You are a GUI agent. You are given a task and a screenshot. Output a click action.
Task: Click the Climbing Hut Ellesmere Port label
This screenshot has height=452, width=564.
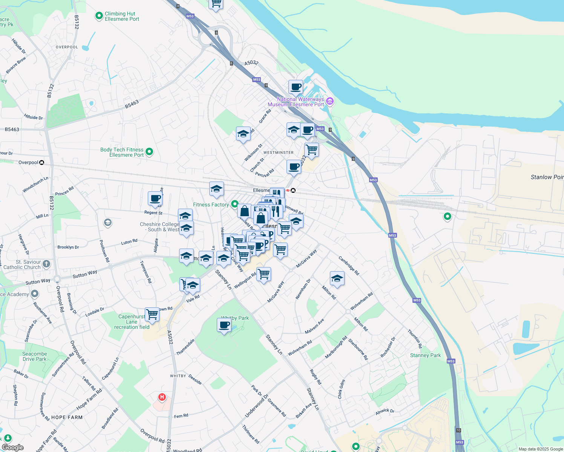pos(122,16)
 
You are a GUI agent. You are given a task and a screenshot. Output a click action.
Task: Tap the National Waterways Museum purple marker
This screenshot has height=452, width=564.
pos(330,101)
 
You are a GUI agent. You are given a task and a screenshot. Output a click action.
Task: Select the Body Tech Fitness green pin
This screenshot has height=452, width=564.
pos(149,152)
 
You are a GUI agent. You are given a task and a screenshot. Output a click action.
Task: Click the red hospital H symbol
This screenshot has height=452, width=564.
pos(162,397)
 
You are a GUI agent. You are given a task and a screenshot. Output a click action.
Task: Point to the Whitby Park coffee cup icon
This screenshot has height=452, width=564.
pos(224,325)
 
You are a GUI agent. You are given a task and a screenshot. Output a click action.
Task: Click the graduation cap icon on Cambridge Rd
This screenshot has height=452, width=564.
pos(337,279)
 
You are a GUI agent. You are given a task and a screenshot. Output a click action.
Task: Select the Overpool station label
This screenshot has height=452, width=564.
pos(28,163)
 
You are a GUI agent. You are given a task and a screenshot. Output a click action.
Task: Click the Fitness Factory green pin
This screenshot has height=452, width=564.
pos(234,204)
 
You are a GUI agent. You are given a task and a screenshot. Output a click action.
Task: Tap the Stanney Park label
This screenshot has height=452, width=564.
pos(425,355)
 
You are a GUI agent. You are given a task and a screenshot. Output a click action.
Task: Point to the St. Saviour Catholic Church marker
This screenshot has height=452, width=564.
pos(46,264)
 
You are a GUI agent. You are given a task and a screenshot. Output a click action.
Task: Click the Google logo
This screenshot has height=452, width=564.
pos(12,447)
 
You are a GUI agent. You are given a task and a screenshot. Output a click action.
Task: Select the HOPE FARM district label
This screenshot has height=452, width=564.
pos(67,417)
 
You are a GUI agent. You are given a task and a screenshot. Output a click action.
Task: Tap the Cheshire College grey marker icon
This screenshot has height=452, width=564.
pos(108,223)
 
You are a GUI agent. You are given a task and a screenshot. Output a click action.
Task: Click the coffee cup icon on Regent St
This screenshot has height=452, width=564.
pos(155,199)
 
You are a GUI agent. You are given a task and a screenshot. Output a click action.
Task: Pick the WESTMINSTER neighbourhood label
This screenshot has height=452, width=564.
pos(278,153)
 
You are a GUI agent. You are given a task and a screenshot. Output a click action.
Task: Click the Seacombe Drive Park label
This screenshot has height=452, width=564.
pos(34,356)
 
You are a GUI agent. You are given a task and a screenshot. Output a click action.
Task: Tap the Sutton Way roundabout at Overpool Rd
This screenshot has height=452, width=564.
pos(57,279)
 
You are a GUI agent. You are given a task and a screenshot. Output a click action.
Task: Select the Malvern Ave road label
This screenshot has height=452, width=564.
pos(314,326)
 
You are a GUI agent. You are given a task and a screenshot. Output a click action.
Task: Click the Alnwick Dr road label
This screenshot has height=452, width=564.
pos(385,411)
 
